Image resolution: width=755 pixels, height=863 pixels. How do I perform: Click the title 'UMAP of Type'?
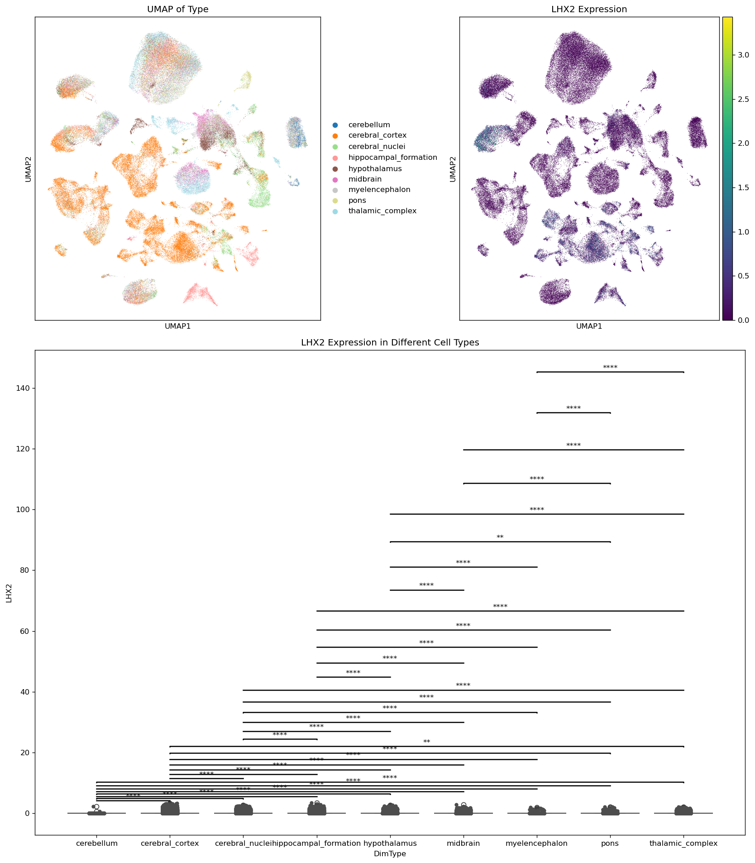(177, 10)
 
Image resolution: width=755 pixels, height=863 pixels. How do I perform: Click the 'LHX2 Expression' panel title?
(589, 10)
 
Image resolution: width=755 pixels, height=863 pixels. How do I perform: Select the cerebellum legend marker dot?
(335, 125)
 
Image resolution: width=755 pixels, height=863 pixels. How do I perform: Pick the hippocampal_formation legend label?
(392, 158)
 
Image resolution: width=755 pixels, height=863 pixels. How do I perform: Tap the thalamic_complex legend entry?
(382, 211)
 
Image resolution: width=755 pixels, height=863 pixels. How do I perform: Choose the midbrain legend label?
(365, 179)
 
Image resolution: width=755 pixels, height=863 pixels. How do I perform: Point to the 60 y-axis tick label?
(25, 631)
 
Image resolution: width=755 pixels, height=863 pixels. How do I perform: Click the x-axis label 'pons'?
(610, 844)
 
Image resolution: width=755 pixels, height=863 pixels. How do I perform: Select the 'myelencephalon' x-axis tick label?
(536, 844)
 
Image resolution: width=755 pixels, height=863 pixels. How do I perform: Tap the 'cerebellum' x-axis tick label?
(96, 844)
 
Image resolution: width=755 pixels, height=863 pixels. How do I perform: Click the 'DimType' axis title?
(390, 854)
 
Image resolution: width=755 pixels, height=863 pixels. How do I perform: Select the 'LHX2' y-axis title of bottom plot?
(10, 593)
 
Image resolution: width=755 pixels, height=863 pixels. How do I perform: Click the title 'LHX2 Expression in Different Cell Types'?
(390, 343)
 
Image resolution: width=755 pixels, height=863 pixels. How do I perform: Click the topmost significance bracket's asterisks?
(610, 368)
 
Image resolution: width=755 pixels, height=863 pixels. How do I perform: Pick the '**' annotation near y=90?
(500, 537)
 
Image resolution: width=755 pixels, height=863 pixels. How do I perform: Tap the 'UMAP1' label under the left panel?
(177, 326)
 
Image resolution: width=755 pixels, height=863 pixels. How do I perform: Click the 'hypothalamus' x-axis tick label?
(390, 844)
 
